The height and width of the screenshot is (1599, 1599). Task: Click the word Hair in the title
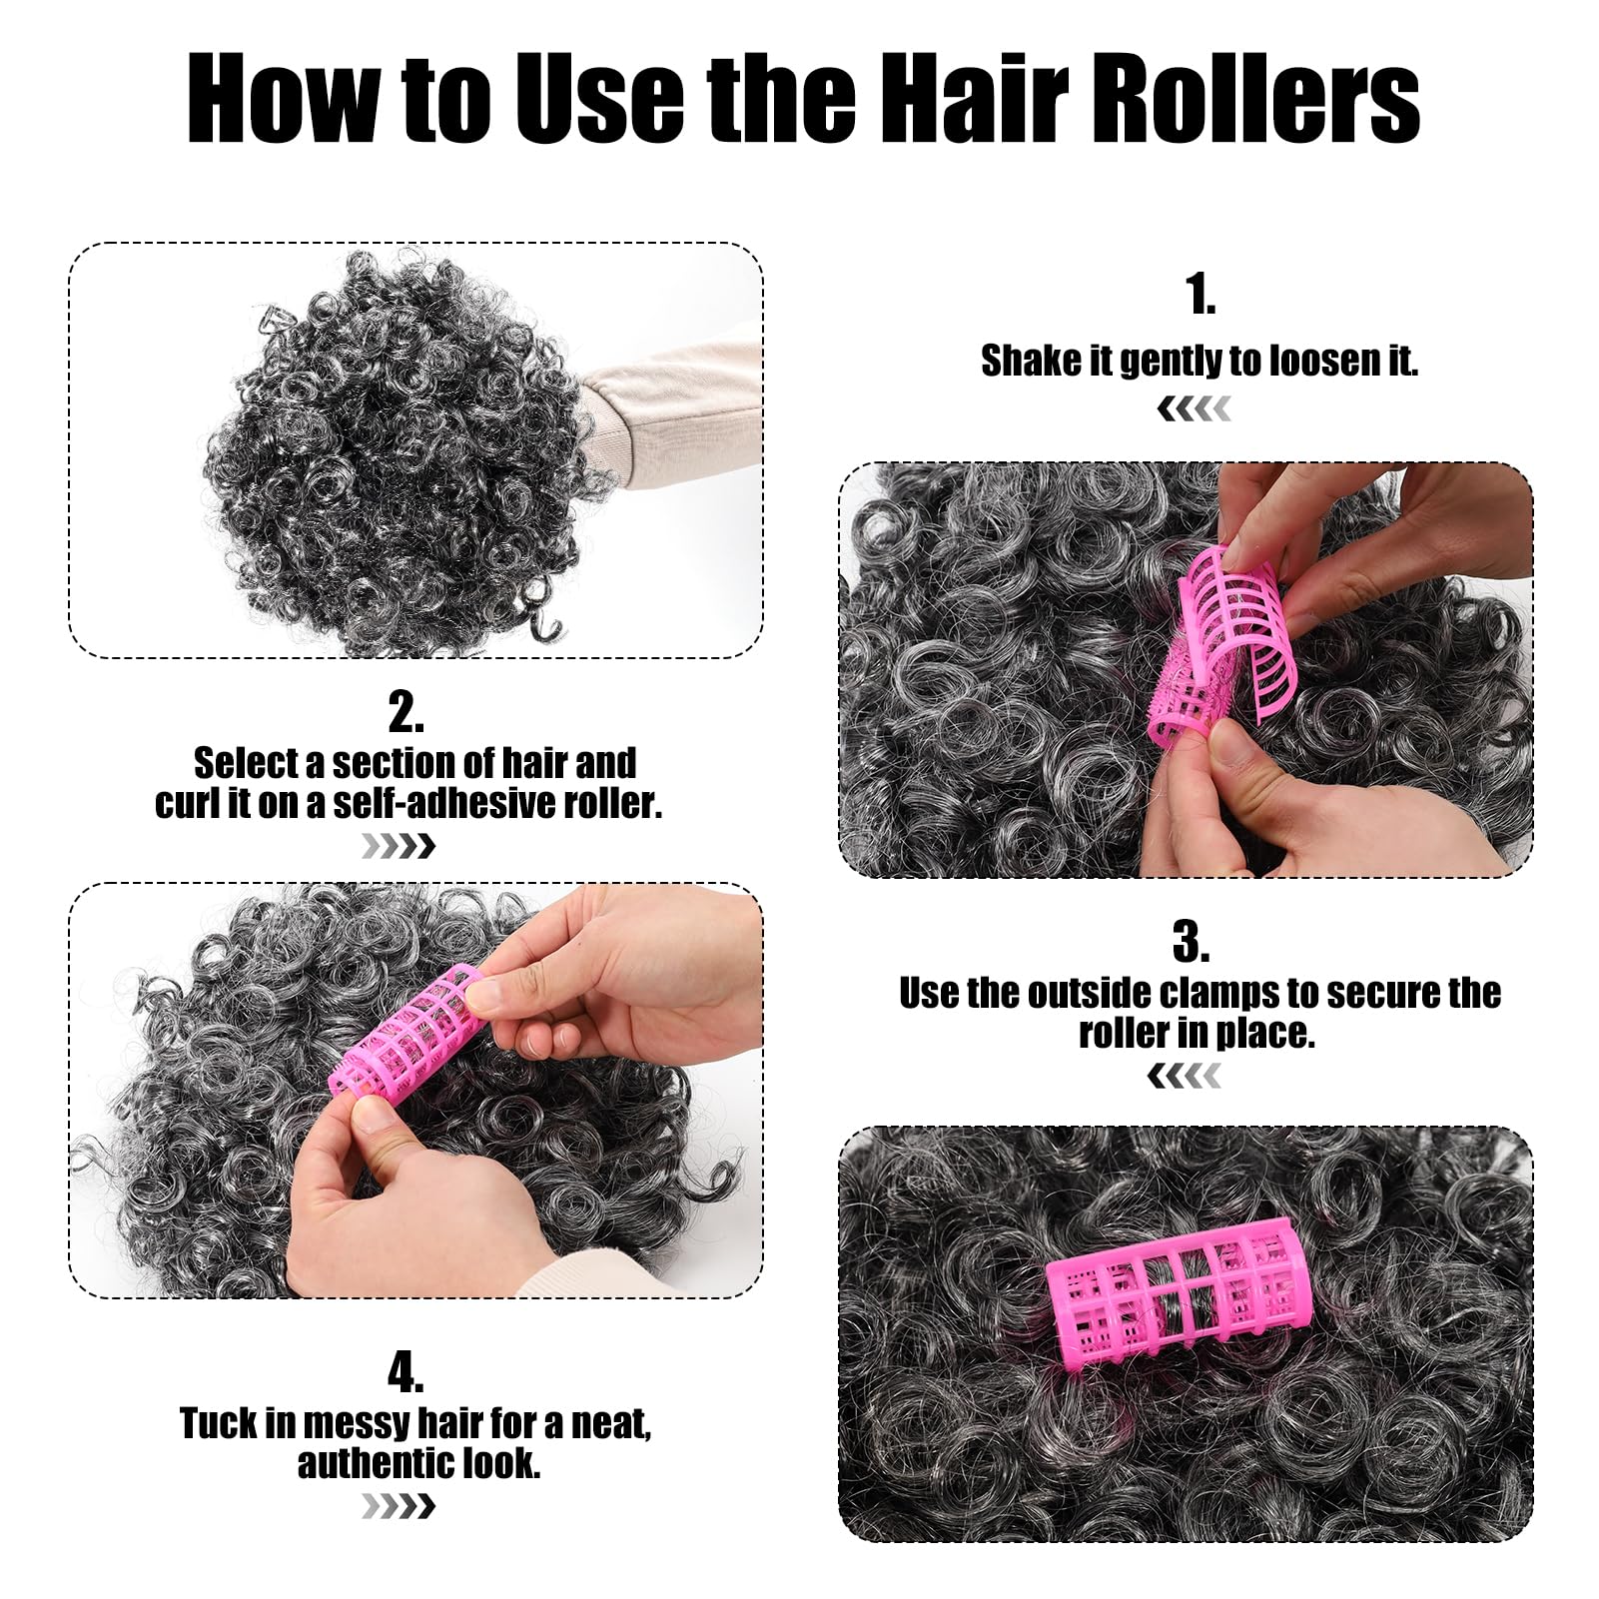click(964, 98)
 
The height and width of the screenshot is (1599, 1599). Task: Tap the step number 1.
click(1199, 294)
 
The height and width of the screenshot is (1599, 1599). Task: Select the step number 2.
click(405, 713)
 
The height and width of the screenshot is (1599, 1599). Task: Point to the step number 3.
click(1190, 941)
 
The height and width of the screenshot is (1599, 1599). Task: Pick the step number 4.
click(405, 1372)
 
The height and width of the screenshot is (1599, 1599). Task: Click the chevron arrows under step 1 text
click(1195, 408)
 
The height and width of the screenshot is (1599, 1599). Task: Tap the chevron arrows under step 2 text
click(399, 847)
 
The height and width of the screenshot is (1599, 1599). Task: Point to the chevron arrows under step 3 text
click(1185, 1076)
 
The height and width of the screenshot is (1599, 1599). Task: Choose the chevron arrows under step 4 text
click(399, 1506)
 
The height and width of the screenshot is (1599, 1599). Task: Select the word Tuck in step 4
click(219, 1423)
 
